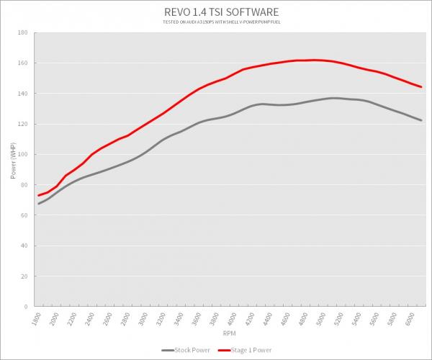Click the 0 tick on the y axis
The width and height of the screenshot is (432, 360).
[26, 307]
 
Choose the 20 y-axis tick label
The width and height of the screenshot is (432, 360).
[24, 276]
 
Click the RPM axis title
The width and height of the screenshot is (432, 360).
[230, 333]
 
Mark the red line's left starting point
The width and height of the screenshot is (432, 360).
[39, 196]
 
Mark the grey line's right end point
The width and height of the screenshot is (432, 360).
[421, 120]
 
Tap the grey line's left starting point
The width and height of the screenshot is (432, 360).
[39, 204]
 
